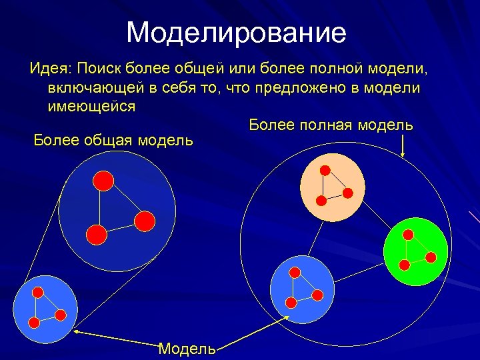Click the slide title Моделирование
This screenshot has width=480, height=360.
[x=236, y=32]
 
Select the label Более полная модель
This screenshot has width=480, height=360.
[x=331, y=125]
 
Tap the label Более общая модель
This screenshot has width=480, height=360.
[x=113, y=140]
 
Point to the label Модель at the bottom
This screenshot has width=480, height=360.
[x=187, y=348]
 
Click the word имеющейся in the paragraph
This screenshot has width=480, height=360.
[x=91, y=106]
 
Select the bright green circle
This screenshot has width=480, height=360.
[x=415, y=252]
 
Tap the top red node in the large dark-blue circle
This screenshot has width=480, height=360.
[x=102, y=180]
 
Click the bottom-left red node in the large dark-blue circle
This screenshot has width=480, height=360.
[x=96, y=234]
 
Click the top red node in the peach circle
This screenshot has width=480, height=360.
[x=325, y=170]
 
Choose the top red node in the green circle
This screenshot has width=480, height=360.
[x=408, y=235]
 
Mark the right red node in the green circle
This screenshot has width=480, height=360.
[x=431, y=257]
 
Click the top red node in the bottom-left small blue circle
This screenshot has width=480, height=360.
[x=38, y=292]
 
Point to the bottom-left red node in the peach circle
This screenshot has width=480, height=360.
[x=321, y=200]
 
